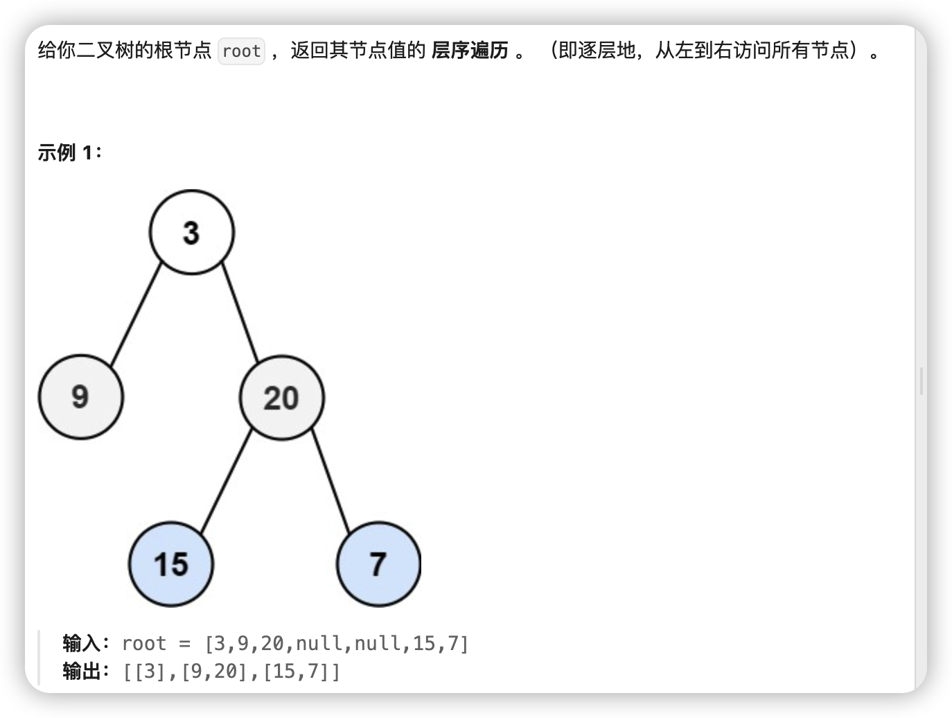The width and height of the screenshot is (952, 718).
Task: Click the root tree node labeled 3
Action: coord(192,232)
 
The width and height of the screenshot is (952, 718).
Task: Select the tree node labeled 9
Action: coord(80,397)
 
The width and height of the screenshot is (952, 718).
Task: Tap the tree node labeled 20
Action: coord(281,398)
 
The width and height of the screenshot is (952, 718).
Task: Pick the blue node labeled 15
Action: coord(171,564)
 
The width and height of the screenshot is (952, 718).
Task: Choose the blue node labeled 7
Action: coord(378,564)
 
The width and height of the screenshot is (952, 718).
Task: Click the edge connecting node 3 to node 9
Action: coord(136,315)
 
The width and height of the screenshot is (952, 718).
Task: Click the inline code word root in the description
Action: coord(241,51)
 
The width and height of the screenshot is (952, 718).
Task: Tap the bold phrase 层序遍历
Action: coord(470,51)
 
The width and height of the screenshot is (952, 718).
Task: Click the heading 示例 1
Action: coord(69,152)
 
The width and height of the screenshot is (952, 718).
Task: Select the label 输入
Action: coord(82,643)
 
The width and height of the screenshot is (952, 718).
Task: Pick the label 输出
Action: coord(82,671)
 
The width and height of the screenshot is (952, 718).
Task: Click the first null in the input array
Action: coord(319,644)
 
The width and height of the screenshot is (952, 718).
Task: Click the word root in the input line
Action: coord(144,644)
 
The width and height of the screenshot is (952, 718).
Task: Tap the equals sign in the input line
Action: coord(184,644)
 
